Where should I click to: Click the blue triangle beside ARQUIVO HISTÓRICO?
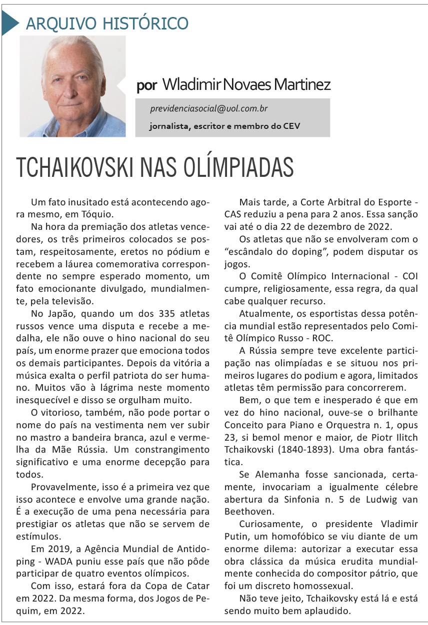[x=9, y=23]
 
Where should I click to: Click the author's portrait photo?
[x=72, y=86]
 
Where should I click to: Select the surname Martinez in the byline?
[x=304, y=84]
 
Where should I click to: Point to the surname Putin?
[x=237, y=536]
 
